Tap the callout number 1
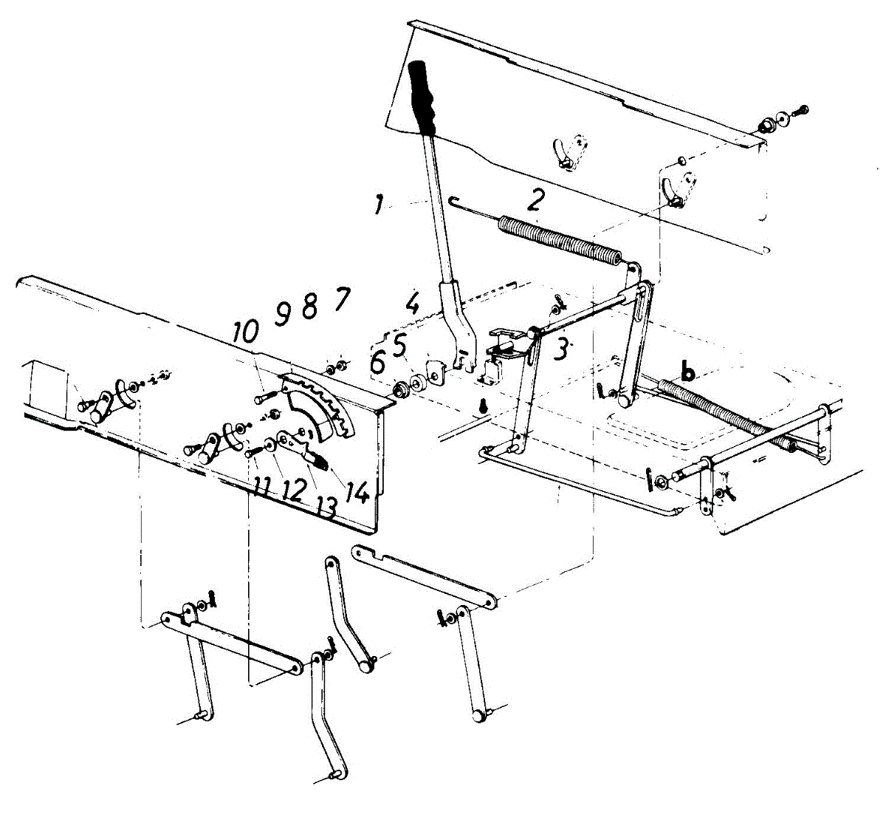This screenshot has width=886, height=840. click(378, 204)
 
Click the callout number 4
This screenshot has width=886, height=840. click(411, 302)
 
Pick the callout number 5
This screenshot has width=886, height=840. click(399, 344)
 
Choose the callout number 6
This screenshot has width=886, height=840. click(378, 363)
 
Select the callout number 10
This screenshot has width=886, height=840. click(247, 332)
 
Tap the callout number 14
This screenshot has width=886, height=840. click(357, 491)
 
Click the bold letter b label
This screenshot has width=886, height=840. click(688, 374)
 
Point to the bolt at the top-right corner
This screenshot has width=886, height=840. click(801, 112)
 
